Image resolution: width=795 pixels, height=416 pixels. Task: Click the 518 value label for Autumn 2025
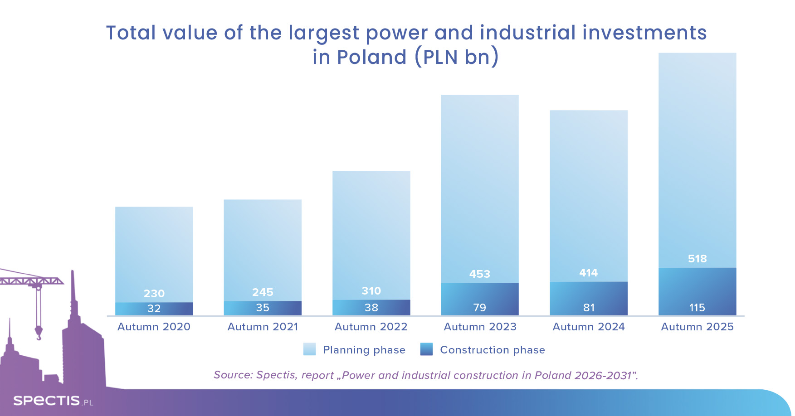tap(697, 259)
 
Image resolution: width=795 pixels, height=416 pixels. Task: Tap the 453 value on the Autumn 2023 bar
tap(479, 274)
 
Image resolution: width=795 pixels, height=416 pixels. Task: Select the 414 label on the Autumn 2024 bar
tap(588, 273)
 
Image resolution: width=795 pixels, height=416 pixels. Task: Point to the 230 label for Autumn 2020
tap(154, 294)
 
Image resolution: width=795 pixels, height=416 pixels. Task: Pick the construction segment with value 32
tap(154, 309)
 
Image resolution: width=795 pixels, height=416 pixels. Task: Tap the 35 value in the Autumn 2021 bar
tap(263, 308)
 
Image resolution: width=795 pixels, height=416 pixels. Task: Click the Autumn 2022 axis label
tap(371, 327)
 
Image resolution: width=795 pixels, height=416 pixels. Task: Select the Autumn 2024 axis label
tap(588, 327)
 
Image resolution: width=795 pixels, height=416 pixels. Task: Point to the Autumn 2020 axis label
tap(154, 327)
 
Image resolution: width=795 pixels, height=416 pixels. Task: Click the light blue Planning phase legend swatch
tap(309, 349)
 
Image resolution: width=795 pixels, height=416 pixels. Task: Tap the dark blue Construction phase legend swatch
tap(426, 349)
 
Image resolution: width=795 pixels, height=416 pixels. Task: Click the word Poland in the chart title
tap(371, 57)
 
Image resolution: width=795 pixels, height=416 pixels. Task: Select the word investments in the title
tap(644, 33)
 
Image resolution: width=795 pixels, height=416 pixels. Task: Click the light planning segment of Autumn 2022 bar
tap(371, 227)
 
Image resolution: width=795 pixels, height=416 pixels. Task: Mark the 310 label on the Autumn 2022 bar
tap(371, 291)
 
